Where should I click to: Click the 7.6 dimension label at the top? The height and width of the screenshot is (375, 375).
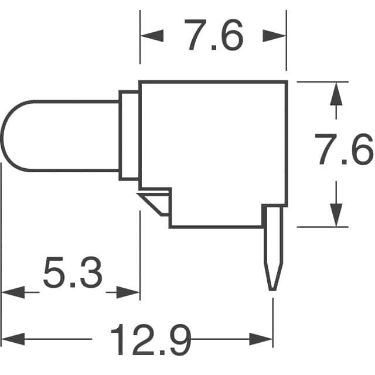point(213,35)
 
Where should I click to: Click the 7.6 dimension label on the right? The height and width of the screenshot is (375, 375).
point(344,149)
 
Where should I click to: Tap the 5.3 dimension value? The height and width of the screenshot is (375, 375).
point(73,272)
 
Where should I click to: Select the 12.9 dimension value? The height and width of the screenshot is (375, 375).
point(151,339)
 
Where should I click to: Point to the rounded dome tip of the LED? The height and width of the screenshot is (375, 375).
point(2,137)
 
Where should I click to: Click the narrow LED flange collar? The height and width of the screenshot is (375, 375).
point(129,135)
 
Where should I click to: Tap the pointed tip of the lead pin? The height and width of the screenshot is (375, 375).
point(272,290)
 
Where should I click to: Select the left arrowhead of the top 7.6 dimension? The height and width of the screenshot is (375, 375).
point(152,36)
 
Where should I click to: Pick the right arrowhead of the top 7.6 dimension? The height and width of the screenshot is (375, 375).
point(274,36)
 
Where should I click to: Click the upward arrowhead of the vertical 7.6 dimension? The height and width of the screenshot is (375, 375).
point(336,94)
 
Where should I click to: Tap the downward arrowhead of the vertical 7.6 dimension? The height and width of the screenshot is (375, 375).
point(336,215)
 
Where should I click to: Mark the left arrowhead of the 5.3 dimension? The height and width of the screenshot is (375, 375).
point(13,292)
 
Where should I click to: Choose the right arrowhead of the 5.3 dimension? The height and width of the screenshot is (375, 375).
point(128,292)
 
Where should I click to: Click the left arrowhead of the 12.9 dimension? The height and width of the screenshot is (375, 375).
point(13,339)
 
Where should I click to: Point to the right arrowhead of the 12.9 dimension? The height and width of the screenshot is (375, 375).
point(261,339)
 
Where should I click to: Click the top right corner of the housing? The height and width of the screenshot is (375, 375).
point(287,82)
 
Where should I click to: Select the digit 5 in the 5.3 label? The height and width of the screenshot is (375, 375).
point(54,272)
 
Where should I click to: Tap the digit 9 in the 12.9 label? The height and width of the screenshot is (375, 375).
point(180,339)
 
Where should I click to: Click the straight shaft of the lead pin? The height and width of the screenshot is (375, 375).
point(273,234)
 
